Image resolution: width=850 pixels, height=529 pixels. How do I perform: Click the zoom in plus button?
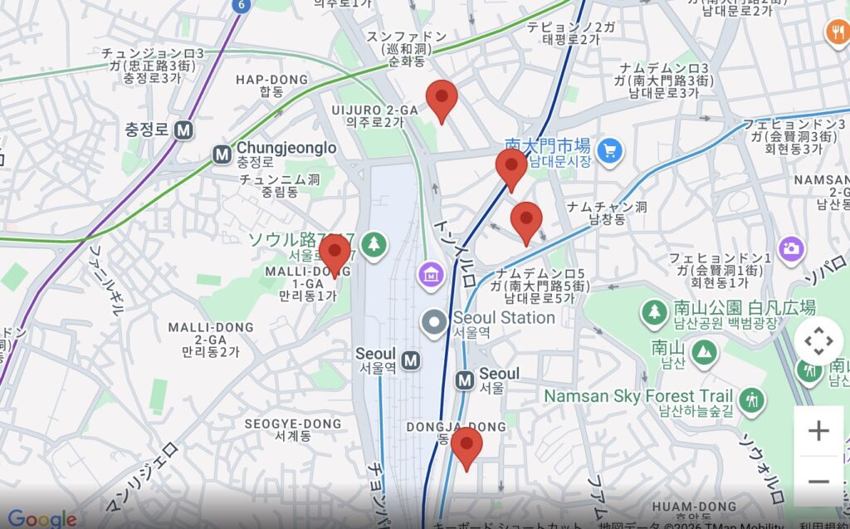818,431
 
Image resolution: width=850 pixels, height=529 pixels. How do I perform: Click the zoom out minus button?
818,482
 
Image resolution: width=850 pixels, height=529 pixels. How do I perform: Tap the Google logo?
42,519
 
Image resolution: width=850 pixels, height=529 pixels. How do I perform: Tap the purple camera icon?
792,247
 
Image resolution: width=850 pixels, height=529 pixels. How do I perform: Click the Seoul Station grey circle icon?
434,323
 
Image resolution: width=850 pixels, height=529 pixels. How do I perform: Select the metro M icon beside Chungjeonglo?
222,154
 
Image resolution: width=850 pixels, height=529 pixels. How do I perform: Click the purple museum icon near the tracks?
431,272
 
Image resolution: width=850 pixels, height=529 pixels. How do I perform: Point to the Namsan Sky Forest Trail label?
638,397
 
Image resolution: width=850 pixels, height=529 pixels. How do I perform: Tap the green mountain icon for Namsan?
704,350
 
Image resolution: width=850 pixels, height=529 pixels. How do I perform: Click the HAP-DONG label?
271,80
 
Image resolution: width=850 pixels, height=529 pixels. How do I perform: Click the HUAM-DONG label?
694,506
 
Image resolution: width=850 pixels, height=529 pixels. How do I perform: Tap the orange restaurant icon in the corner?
836,32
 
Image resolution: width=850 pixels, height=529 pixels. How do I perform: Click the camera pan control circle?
818,341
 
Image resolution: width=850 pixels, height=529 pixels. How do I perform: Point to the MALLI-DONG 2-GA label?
210,327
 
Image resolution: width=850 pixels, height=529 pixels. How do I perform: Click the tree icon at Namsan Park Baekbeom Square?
655,312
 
